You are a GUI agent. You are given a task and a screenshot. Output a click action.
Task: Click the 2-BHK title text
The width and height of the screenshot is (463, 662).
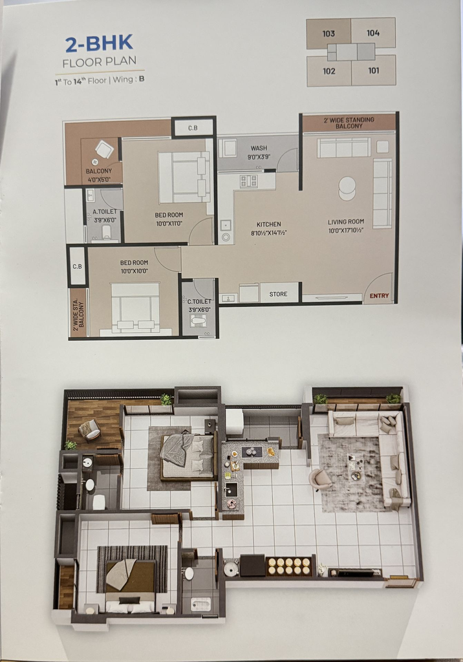100,43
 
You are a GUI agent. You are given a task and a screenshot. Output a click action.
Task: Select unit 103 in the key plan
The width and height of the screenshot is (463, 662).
328,34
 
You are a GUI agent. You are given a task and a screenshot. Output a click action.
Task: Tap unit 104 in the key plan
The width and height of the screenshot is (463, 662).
373,33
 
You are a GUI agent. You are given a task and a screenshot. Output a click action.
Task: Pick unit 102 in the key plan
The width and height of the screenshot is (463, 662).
329,71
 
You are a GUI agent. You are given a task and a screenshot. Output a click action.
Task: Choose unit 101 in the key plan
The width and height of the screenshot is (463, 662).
374,70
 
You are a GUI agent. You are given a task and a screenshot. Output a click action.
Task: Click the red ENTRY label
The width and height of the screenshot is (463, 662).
379,295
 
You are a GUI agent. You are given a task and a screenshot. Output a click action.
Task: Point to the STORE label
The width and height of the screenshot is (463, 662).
279,294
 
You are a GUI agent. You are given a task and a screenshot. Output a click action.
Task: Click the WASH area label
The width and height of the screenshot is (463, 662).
259,148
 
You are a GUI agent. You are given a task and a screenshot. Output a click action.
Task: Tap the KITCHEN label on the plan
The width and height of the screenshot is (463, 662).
268,224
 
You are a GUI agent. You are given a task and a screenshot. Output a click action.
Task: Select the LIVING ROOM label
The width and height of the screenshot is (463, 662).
346,222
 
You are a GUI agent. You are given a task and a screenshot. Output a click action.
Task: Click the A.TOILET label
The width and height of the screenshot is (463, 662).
104,212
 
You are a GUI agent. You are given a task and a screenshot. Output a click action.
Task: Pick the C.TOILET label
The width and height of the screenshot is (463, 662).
199,301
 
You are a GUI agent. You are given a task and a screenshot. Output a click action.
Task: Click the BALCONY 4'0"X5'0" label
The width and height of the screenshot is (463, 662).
99,175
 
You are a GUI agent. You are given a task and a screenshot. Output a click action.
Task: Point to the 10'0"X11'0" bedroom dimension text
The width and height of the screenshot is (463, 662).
169,223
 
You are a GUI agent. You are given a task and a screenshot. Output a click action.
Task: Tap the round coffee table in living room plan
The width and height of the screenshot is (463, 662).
347,188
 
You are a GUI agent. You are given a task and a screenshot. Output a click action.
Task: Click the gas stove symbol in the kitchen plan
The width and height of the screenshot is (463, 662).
249,181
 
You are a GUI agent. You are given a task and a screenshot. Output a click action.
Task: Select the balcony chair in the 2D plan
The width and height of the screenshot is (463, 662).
104,149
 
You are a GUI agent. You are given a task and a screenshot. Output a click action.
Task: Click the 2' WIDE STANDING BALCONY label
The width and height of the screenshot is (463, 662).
349,123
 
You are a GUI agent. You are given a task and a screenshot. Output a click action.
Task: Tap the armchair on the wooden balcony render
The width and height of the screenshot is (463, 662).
89,430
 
